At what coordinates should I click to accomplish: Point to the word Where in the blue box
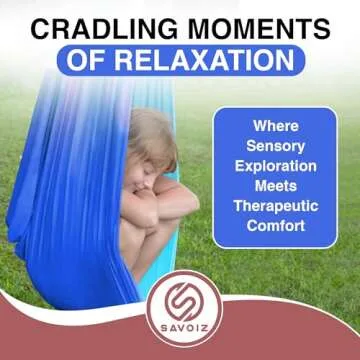click(274, 127)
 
